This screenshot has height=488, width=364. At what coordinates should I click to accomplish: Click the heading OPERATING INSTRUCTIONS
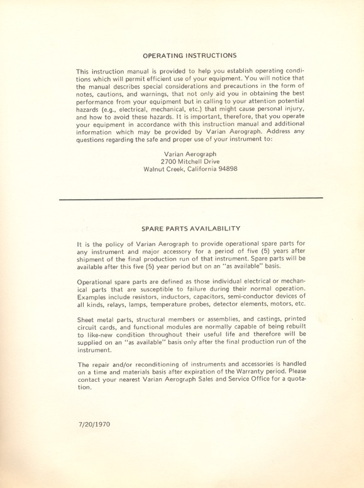point(189,55)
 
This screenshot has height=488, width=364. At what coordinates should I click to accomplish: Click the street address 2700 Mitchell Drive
point(190,161)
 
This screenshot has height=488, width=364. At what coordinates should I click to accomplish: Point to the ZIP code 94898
point(225,169)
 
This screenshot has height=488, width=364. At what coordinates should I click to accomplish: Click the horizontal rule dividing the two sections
point(190,198)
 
